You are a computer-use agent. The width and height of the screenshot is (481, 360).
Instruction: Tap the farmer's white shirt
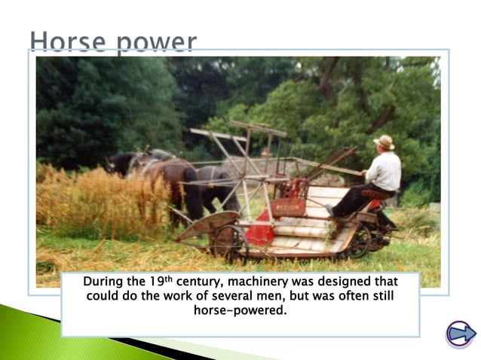384,172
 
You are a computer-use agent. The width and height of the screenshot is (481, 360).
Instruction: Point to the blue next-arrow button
460,333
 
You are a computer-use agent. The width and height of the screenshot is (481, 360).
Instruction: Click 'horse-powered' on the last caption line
240,310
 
